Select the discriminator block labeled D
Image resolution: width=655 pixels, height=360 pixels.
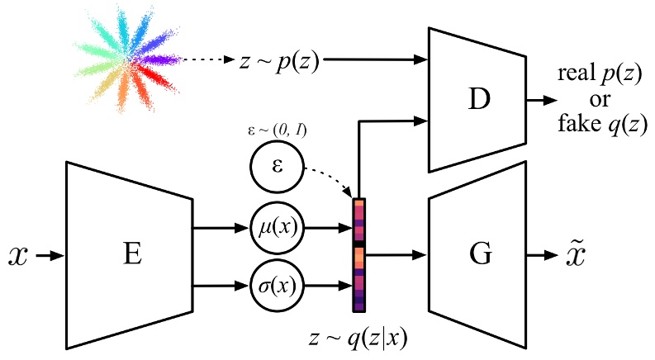(477, 100)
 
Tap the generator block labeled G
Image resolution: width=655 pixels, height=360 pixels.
(477, 255)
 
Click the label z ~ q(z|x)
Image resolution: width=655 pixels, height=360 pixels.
(358, 336)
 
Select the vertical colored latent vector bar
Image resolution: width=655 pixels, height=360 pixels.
(358, 255)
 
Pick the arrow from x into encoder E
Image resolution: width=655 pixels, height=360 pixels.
(48, 256)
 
